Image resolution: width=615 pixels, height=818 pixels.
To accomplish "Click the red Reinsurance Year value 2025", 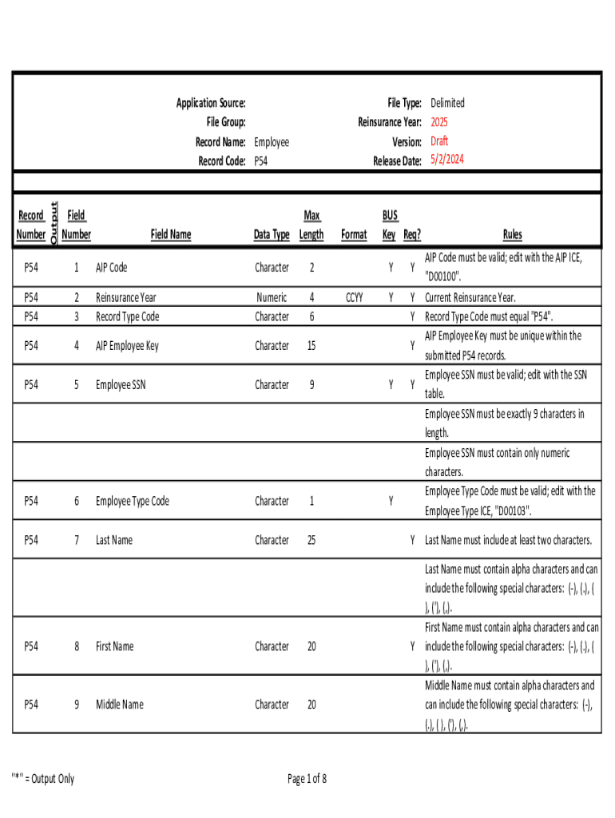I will [x=439, y=122].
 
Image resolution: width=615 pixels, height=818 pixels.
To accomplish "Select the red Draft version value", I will [x=439, y=141].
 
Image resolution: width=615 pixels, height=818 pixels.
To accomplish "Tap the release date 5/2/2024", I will [x=446, y=160].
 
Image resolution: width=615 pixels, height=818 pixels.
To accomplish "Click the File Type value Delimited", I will [x=447, y=103].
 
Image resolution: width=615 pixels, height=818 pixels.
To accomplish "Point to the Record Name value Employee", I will [x=272, y=142].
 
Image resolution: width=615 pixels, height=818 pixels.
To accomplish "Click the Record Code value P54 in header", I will [x=262, y=161].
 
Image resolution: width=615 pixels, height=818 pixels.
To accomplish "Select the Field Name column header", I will [x=171, y=235].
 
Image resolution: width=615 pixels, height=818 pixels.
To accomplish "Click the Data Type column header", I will [x=272, y=235].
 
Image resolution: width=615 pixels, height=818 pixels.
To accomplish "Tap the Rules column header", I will [x=512, y=235].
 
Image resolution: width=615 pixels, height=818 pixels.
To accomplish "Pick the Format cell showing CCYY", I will [x=354, y=297].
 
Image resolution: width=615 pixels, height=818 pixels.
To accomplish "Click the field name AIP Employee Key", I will [x=127, y=346].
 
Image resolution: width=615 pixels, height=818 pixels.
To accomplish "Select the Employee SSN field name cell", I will [x=121, y=385].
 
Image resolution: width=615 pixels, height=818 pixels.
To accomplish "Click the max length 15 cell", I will [x=311, y=346].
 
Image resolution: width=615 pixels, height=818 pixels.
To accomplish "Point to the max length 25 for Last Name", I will [x=311, y=541].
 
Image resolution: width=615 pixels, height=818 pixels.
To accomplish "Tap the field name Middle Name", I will [x=120, y=705].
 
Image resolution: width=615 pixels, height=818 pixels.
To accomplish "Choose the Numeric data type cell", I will [x=272, y=297].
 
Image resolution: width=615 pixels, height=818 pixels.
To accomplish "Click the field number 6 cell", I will [x=77, y=502].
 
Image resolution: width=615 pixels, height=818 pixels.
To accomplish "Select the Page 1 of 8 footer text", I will [x=307, y=779].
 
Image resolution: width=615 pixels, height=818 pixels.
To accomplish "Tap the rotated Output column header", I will [x=54, y=224].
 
